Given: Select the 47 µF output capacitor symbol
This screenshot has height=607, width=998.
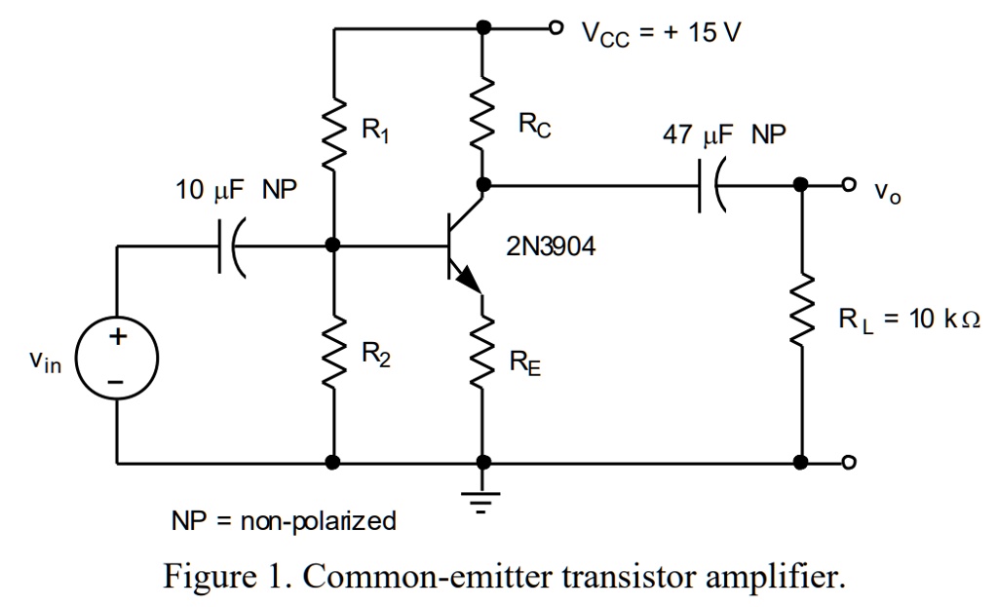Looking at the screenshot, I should tap(710, 184).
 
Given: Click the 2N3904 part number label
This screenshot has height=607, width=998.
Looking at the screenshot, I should tap(551, 247).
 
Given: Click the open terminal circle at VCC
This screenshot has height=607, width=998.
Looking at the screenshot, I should tap(557, 27).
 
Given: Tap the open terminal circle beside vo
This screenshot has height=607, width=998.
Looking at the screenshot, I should tap(849, 184).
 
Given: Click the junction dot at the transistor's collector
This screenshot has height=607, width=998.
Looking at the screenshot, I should tap(481, 184).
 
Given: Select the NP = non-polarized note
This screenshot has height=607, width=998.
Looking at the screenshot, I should tap(284, 521).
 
